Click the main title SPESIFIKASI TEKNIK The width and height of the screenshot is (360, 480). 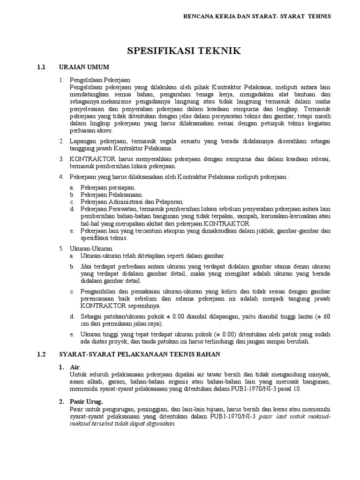[x=180, y=51]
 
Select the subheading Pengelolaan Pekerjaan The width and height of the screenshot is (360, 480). [x=100, y=80]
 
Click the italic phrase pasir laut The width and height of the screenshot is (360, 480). [x=272, y=416]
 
